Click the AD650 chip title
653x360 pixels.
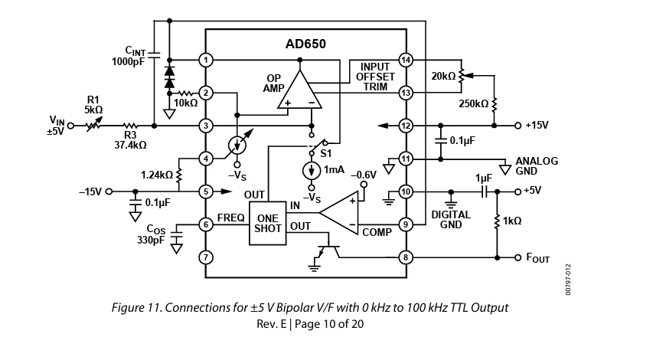tap(305, 44)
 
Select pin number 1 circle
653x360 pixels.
tap(205, 59)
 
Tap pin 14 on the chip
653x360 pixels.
tap(406, 59)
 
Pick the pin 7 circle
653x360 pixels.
tap(205, 257)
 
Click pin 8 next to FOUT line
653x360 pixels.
tap(406, 257)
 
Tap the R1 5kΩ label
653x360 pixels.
tap(93, 104)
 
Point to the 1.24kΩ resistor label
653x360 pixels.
tap(157, 175)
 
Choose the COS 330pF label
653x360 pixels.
tap(150, 234)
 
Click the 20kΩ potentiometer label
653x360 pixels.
tap(442, 76)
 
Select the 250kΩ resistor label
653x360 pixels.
tap(473, 103)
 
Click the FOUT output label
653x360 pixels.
tap(537, 258)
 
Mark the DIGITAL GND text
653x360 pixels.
tap(451, 220)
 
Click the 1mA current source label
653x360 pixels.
tap(335, 169)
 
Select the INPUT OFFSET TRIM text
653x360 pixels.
tap(375, 77)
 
